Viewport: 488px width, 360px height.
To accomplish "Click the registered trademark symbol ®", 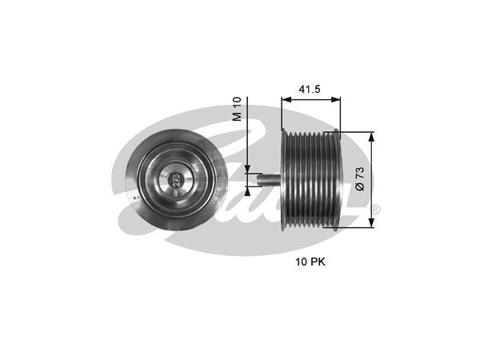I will point(376,210).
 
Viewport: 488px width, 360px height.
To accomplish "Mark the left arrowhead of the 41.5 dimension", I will point(285,102).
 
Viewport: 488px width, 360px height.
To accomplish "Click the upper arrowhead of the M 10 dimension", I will point(249,169).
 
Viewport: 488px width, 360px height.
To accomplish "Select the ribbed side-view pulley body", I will point(313,179).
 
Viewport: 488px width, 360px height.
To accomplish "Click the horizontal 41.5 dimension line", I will point(310,102).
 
